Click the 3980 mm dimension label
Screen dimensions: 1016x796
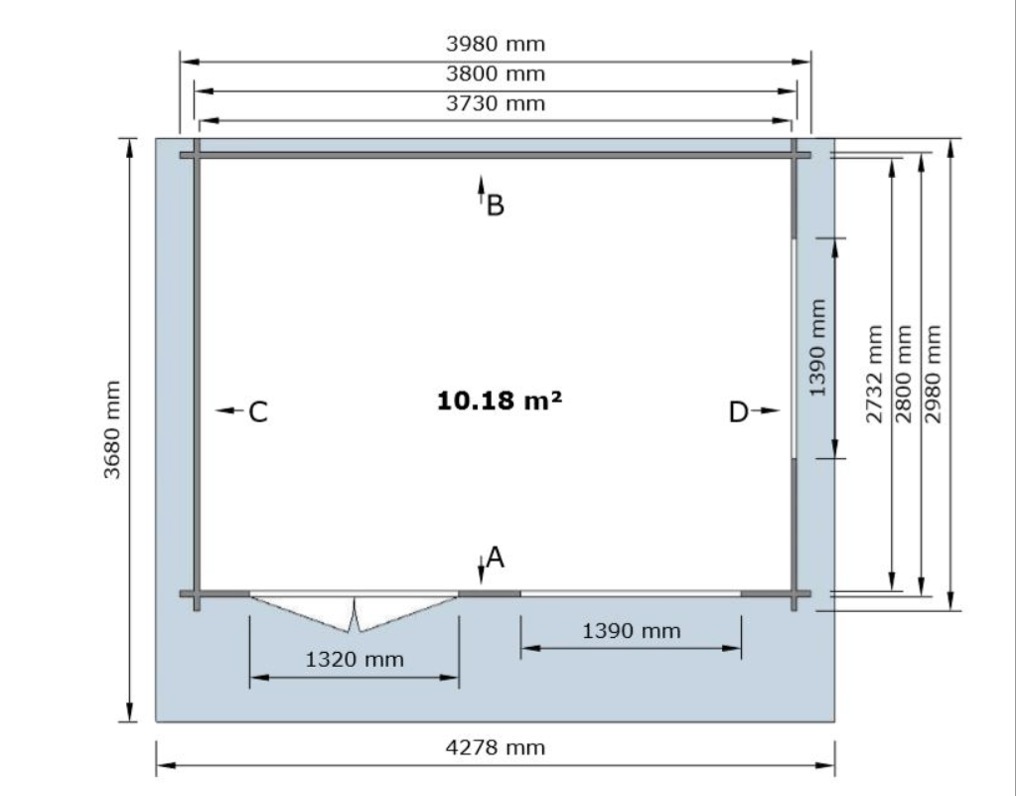pos(496,44)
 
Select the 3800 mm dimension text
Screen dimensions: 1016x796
pos(496,74)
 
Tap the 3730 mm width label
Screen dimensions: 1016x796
pos(496,103)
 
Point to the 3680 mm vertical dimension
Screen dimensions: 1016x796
pos(112,429)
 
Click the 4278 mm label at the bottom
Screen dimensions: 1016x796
pos(496,748)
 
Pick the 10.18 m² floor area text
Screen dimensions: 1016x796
pos(500,400)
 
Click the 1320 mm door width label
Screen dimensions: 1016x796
pos(355,660)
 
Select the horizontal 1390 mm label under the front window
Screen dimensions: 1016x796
pos(632,631)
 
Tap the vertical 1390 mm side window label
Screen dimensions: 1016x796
pos(817,348)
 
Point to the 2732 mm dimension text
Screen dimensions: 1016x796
pos(874,374)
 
